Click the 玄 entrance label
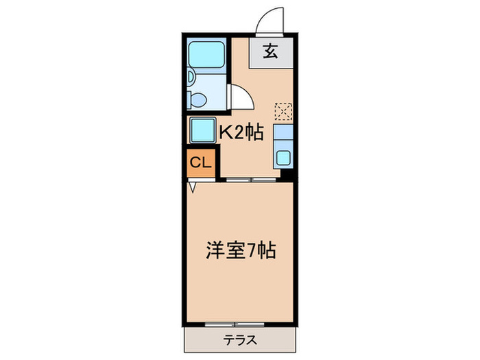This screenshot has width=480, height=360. (270, 52)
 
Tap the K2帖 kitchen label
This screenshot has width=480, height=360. (241, 132)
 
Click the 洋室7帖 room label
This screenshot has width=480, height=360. (241, 250)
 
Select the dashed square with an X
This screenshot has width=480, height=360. (283, 110)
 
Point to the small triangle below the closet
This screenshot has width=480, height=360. (193, 185)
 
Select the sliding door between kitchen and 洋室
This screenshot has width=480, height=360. (251, 180)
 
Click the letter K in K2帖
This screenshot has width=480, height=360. (224, 132)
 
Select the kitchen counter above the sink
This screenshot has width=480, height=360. (283, 134)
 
